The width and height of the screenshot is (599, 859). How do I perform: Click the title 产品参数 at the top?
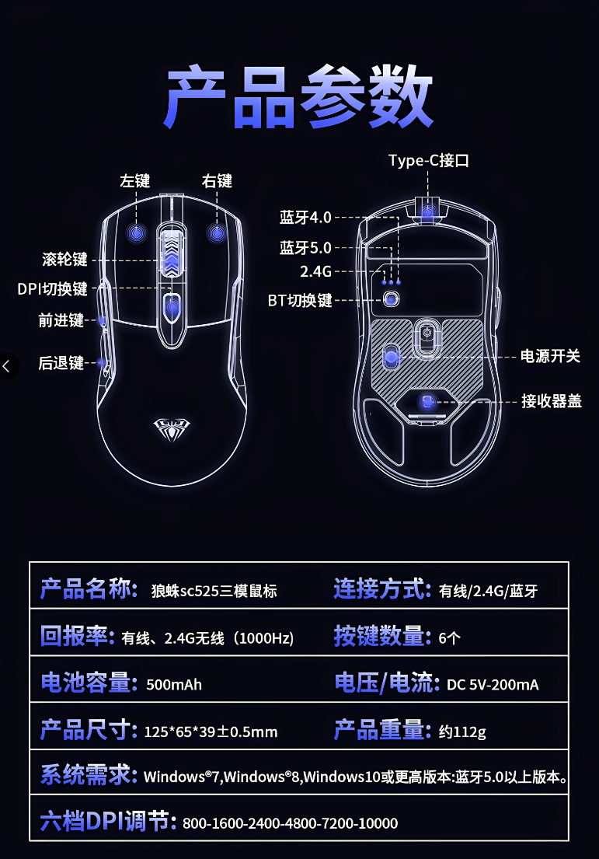click(299, 100)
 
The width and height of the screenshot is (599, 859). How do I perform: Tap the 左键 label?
click(134, 181)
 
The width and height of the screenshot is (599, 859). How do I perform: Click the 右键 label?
click(217, 181)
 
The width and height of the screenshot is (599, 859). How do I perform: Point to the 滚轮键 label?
click(64, 259)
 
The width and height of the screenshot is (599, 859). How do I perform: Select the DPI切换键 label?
click(53, 289)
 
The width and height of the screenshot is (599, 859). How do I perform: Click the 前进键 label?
click(61, 320)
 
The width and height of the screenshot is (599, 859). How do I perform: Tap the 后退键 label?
click(61, 362)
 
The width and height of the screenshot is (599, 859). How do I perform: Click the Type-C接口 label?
click(429, 161)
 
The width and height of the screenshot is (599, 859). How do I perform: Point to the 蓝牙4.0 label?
click(305, 217)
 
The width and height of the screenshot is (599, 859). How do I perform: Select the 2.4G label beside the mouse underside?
click(315, 271)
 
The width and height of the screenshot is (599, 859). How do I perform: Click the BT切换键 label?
click(300, 300)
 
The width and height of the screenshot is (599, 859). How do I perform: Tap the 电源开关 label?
click(550, 356)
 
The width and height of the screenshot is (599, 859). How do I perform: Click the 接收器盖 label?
click(551, 401)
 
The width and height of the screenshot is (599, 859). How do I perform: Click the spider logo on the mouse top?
click(170, 424)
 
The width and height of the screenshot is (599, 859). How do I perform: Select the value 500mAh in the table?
click(174, 685)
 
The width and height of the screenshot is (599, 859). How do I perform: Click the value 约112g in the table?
click(462, 732)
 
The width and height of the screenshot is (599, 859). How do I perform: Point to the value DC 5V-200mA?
click(493, 685)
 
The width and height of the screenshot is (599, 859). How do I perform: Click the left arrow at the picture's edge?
click(8, 365)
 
